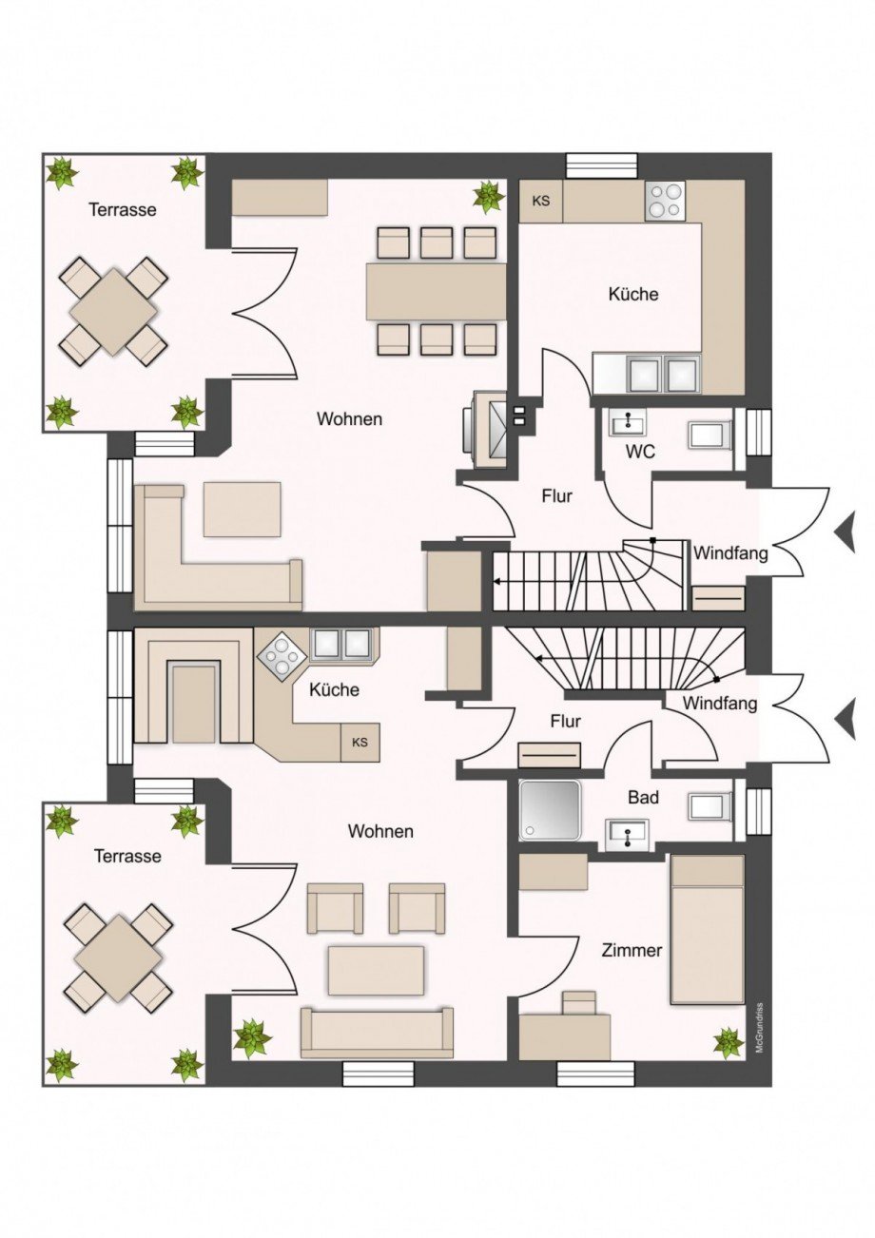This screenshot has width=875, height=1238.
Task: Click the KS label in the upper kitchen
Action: click(541, 201)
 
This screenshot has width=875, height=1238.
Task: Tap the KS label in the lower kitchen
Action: click(360, 742)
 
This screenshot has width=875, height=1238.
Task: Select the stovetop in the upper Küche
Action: click(664, 201)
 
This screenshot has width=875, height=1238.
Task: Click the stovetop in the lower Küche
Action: click(282, 655)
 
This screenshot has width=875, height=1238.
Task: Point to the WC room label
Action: click(641, 452)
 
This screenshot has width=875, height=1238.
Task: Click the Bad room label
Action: click(643, 797)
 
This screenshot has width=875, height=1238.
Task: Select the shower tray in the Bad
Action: click(550, 810)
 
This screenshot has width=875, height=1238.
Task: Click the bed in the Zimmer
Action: click(707, 929)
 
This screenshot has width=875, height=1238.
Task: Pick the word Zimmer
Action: click(631, 950)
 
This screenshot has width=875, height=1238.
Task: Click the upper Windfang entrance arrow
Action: click(845, 531)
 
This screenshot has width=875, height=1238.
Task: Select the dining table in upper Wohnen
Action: click(436, 291)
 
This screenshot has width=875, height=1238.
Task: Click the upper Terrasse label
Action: click(122, 209)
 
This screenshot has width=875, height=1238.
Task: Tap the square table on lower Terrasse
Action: click(118, 957)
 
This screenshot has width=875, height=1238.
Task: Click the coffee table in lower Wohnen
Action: click(376, 969)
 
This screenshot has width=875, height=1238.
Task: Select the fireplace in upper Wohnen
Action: click(487, 428)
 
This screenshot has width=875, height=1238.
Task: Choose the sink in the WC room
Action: click(627, 424)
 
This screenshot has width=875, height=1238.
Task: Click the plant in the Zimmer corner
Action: click(729, 1042)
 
